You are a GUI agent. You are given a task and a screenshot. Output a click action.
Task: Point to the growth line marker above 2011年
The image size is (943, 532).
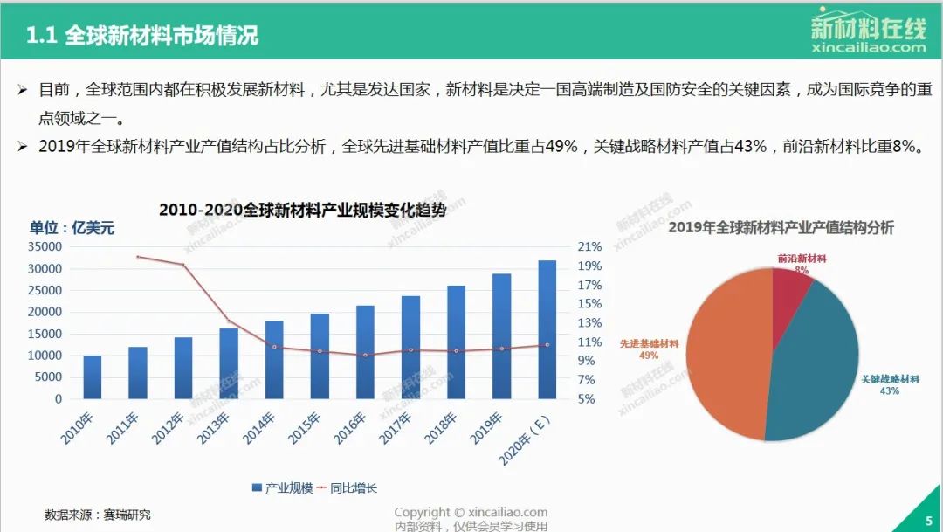[x=138, y=257]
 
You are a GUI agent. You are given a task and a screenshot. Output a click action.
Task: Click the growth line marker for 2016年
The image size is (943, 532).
[x=365, y=355]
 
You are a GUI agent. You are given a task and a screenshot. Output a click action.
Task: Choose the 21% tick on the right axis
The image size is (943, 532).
[x=590, y=246]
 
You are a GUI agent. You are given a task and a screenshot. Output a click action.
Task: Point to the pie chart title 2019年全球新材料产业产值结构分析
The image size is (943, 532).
[x=781, y=227]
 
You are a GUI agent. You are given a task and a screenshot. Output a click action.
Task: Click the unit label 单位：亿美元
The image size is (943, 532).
[x=72, y=228]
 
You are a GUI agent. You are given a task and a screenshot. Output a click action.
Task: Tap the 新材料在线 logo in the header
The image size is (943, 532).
[x=868, y=32]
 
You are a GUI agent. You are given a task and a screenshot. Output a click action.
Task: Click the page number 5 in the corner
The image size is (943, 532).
[x=928, y=521]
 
